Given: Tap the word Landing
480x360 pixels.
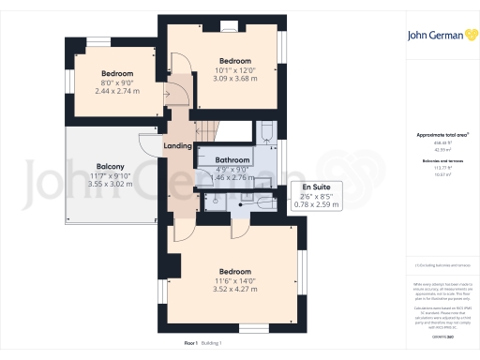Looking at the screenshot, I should pyautogui.click(x=178, y=145).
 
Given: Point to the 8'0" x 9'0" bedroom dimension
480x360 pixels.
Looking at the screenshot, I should pyautogui.click(x=117, y=82).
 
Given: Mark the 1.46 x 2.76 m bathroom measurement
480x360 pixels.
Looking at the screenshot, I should pyautogui.click(x=230, y=176).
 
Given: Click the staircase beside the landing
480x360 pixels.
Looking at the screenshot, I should pyautogui.click(x=211, y=131).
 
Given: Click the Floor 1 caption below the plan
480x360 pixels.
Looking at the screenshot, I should pyautogui.click(x=191, y=343).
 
